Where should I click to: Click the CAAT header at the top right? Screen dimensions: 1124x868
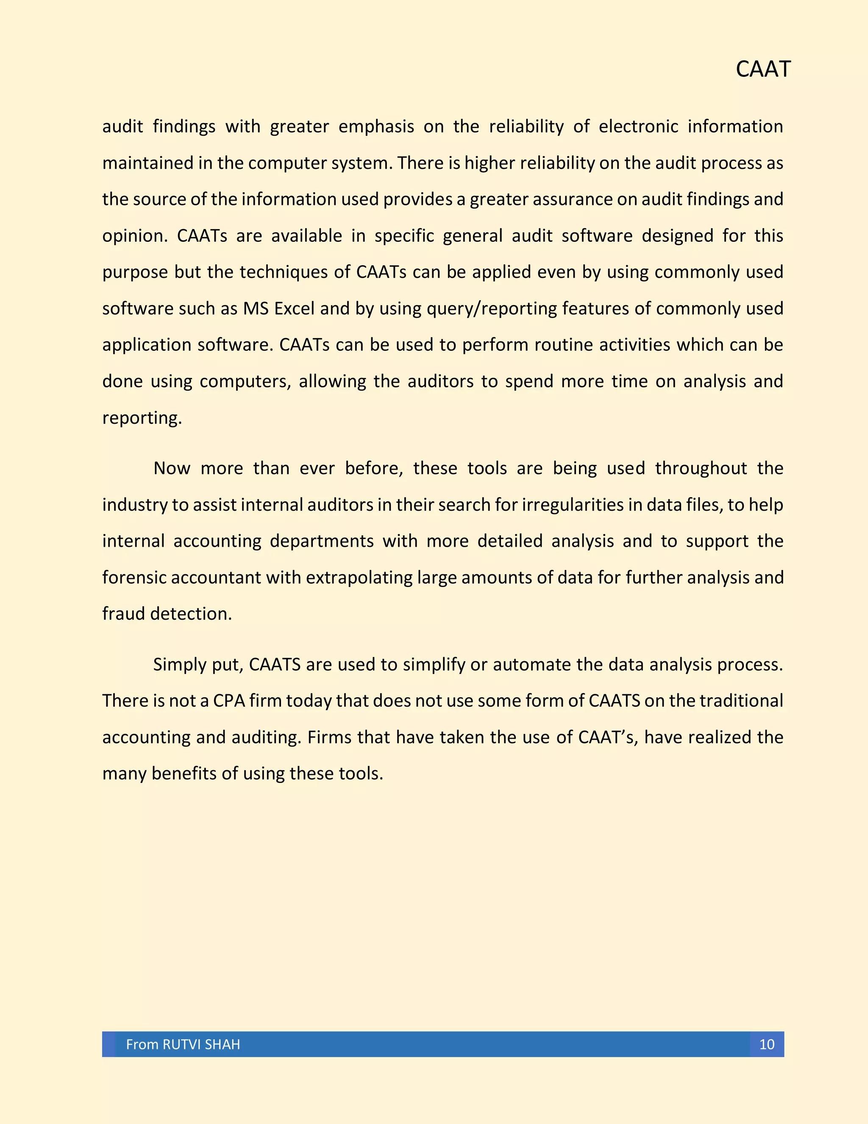[762, 70]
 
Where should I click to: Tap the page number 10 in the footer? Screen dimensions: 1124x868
[766, 1044]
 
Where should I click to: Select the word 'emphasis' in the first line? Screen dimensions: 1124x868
[376, 126]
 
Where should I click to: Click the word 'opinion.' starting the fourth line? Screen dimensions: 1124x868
[135, 236]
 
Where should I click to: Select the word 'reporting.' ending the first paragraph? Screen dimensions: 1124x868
[142, 418]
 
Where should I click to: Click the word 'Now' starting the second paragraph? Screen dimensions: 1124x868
[172, 468]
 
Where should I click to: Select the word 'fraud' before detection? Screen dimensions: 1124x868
[123, 614]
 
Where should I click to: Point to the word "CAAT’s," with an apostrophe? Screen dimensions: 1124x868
[608, 738]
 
